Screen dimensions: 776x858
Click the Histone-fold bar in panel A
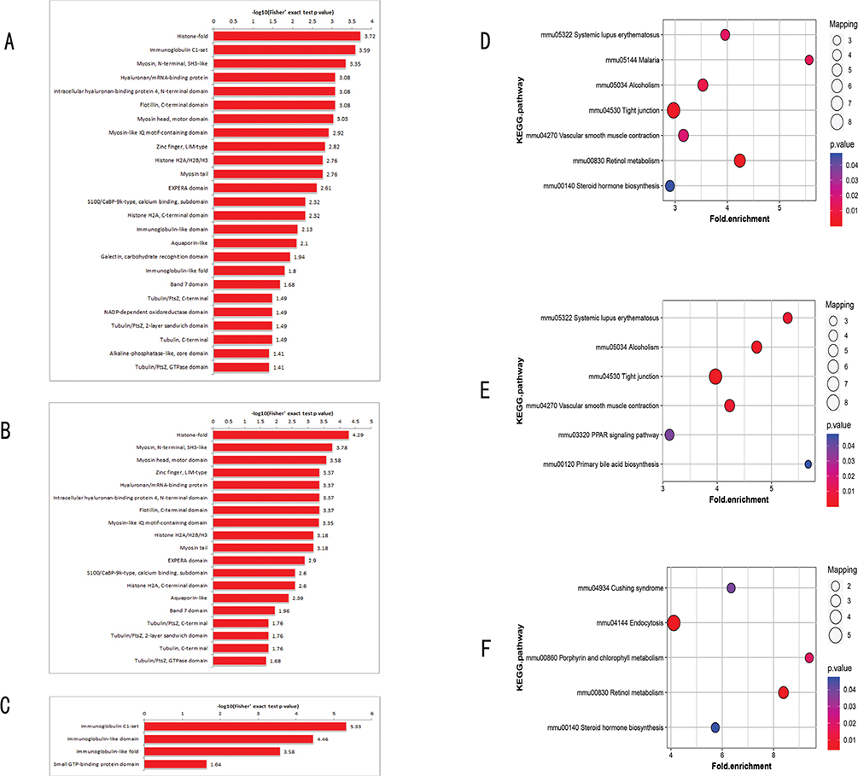[x=286, y=36]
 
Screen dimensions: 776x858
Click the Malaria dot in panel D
[x=808, y=60]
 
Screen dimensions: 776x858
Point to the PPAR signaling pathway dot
[x=669, y=435]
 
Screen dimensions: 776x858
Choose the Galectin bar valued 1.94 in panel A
[x=251, y=256]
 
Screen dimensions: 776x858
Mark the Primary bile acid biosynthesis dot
[x=808, y=464]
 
